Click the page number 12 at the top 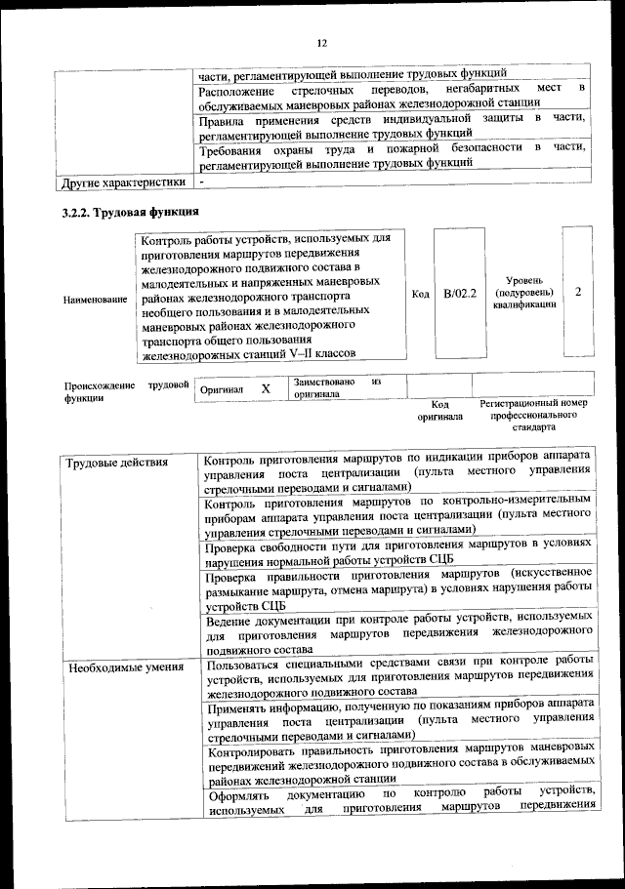pyautogui.click(x=321, y=42)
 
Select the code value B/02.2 pyautogui.click(x=458, y=293)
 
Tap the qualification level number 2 pyautogui.click(x=578, y=292)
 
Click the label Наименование pyautogui.click(x=95, y=300)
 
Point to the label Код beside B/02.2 pyautogui.click(x=420, y=294)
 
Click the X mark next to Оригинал pyautogui.click(x=265, y=388)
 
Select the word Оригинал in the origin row pyautogui.click(x=221, y=389)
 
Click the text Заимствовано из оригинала pyautogui.click(x=335, y=388)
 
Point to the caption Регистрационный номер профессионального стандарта pyautogui.click(x=533, y=415)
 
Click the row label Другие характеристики pyautogui.click(x=123, y=182)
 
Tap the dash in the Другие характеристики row pyautogui.click(x=201, y=182)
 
